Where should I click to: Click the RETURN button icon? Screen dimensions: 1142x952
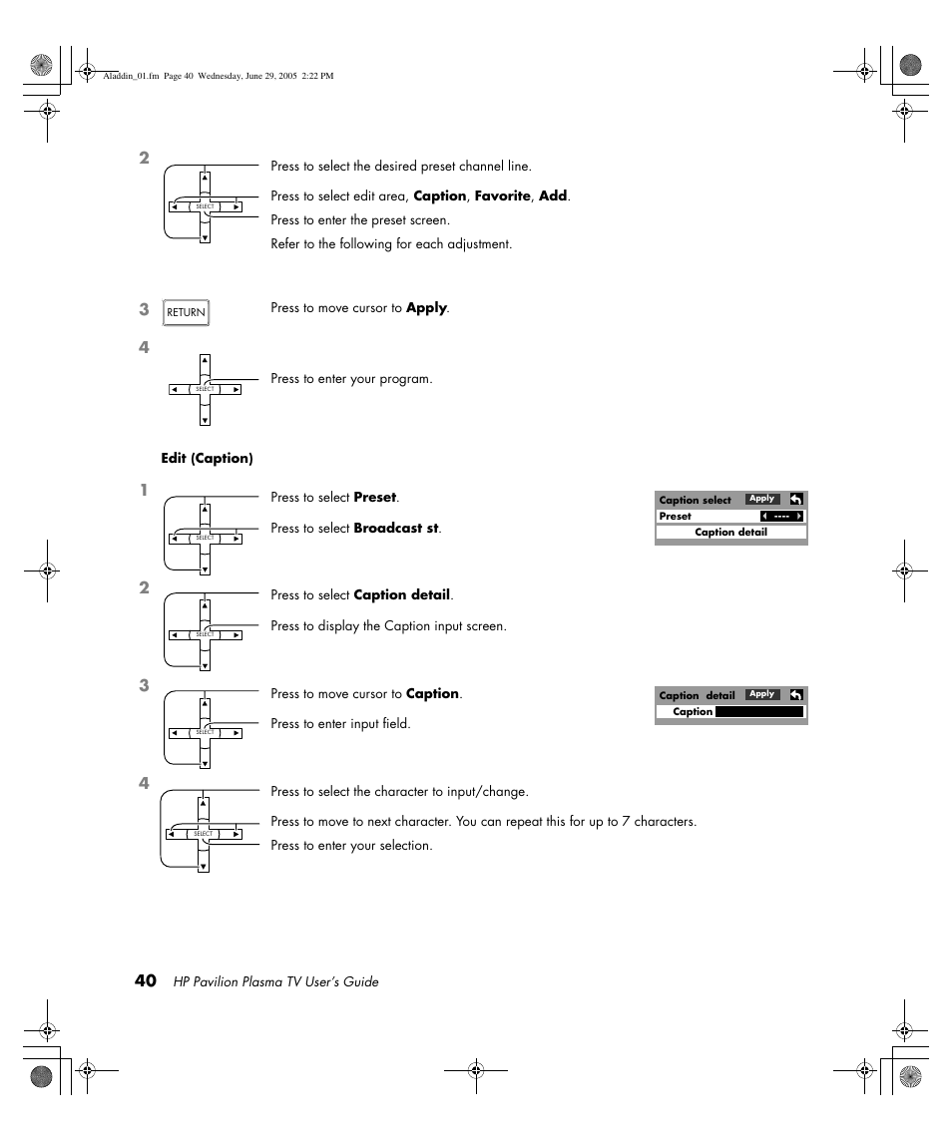coord(186,312)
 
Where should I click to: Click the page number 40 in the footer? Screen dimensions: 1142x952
coord(146,980)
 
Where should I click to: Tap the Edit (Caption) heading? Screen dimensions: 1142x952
coord(207,459)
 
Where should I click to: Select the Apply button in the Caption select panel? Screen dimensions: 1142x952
coord(762,499)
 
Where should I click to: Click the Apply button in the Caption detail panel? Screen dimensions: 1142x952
coord(762,694)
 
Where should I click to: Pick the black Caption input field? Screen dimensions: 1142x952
coord(759,712)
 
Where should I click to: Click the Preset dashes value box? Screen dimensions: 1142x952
coord(781,517)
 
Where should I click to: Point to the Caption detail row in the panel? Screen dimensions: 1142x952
coord(730,533)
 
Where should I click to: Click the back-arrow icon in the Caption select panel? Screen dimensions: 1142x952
coord(795,499)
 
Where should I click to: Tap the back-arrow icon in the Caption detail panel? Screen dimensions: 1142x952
coord(795,694)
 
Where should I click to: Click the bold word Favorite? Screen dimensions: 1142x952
coord(502,196)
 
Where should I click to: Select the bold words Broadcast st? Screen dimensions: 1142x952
coord(396,529)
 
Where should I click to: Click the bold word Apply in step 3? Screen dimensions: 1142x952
coord(426,308)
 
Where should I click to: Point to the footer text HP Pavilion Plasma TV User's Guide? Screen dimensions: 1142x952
coord(276,982)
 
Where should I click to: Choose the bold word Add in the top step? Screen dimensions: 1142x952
coord(553,196)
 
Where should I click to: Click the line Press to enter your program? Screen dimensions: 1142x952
coord(351,379)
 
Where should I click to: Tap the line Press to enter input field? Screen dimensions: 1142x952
coord(340,724)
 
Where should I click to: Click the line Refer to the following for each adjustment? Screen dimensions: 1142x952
coord(391,244)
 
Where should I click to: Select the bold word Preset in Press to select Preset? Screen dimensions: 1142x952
coord(374,498)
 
